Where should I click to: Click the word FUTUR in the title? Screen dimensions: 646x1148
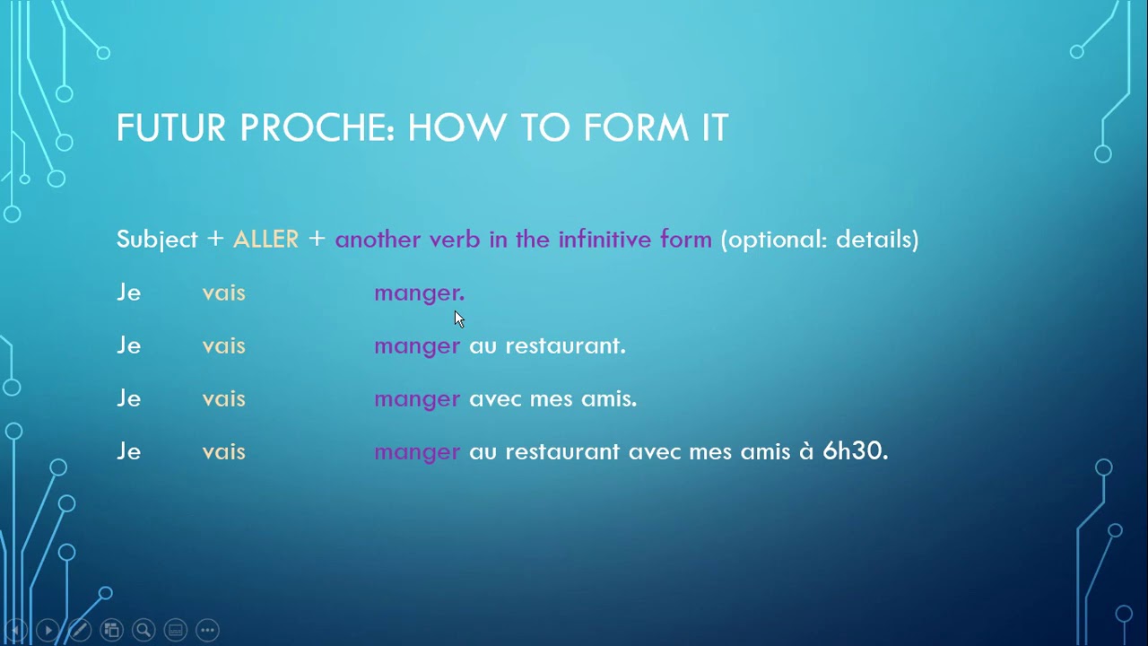[x=171, y=128]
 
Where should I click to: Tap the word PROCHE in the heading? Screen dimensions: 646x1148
[x=317, y=128]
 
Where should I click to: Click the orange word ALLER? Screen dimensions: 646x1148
[x=265, y=240]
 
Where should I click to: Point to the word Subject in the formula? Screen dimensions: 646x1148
[x=157, y=240]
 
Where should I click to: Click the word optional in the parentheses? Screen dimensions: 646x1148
[x=772, y=240]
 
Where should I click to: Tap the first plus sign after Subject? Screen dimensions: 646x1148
[x=215, y=240]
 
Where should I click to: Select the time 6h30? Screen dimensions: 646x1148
[x=854, y=451]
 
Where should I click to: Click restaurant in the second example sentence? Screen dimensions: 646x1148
[x=564, y=345]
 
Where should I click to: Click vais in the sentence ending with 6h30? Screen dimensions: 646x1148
[x=223, y=451]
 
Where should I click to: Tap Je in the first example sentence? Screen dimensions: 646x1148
[x=128, y=292]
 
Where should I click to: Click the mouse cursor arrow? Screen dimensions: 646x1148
[x=458, y=319]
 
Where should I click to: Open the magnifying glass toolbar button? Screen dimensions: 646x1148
[x=143, y=630]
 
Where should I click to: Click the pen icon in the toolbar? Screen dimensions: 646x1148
[x=79, y=630]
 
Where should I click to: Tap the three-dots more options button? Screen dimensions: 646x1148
[x=207, y=630]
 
